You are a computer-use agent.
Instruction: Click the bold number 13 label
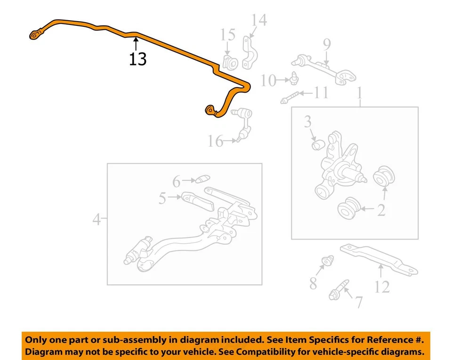(138, 59)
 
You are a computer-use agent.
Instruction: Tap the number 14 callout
(258, 20)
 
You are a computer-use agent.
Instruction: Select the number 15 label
(228, 35)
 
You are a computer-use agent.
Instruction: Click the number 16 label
(216, 141)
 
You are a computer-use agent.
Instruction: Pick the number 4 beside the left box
(97, 219)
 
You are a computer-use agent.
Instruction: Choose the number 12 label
(382, 286)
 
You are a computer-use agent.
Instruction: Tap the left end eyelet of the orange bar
(34, 35)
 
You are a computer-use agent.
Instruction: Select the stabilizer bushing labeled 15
(230, 62)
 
